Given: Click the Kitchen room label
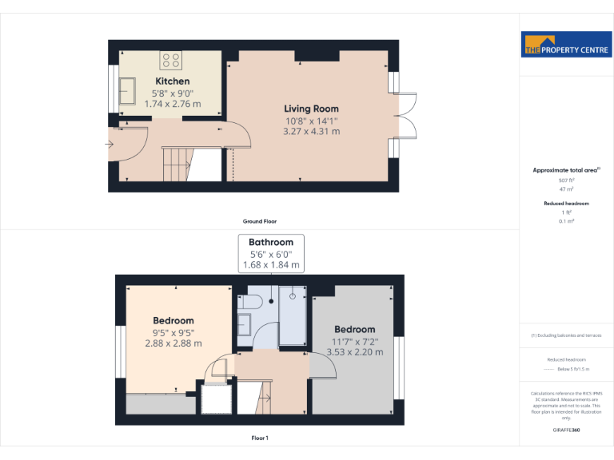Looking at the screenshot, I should pyautogui.click(x=173, y=81).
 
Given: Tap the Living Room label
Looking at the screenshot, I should pyautogui.click(x=312, y=109).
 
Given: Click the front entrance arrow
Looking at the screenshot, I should pyautogui.click(x=109, y=145).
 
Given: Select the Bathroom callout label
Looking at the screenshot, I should pyautogui.click(x=271, y=242).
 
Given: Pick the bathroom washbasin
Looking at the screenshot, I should pyautogui.click(x=245, y=324).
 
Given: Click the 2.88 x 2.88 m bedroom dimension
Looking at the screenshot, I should pyautogui.click(x=173, y=343).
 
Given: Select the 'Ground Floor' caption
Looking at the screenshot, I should pyautogui.click(x=260, y=221).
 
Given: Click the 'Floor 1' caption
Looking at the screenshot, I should pyautogui.click(x=260, y=438).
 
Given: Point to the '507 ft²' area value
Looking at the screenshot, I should pyautogui.click(x=567, y=181).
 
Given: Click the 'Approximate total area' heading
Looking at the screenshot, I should pyautogui.click(x=565, y=170).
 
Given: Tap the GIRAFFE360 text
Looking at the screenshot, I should pyautogui.click(x=567, y=430).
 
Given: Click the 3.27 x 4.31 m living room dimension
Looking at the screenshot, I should pyautogui.click(x=312, y=132).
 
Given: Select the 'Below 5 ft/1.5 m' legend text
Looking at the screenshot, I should pyautogui.click(x=575, y=370).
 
